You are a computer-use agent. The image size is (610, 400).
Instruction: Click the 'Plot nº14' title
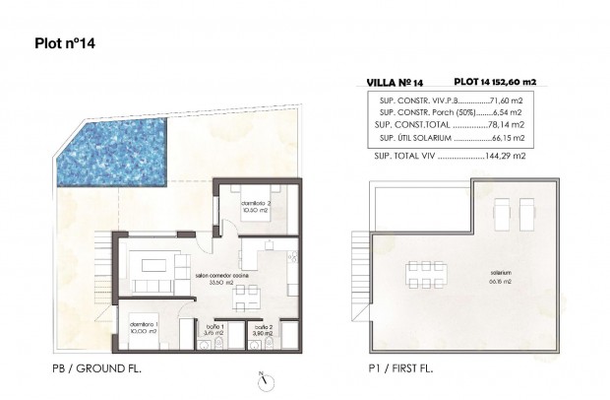coord(64,43)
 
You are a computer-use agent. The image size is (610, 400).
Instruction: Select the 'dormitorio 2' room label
coord(254,203)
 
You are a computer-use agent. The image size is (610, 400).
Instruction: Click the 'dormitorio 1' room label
coord(145,326)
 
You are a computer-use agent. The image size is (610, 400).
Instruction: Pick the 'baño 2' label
coord(261,327)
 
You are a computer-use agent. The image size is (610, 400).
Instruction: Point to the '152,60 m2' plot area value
coord(518,85)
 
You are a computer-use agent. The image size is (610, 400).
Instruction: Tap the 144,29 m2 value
coord(506,156)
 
